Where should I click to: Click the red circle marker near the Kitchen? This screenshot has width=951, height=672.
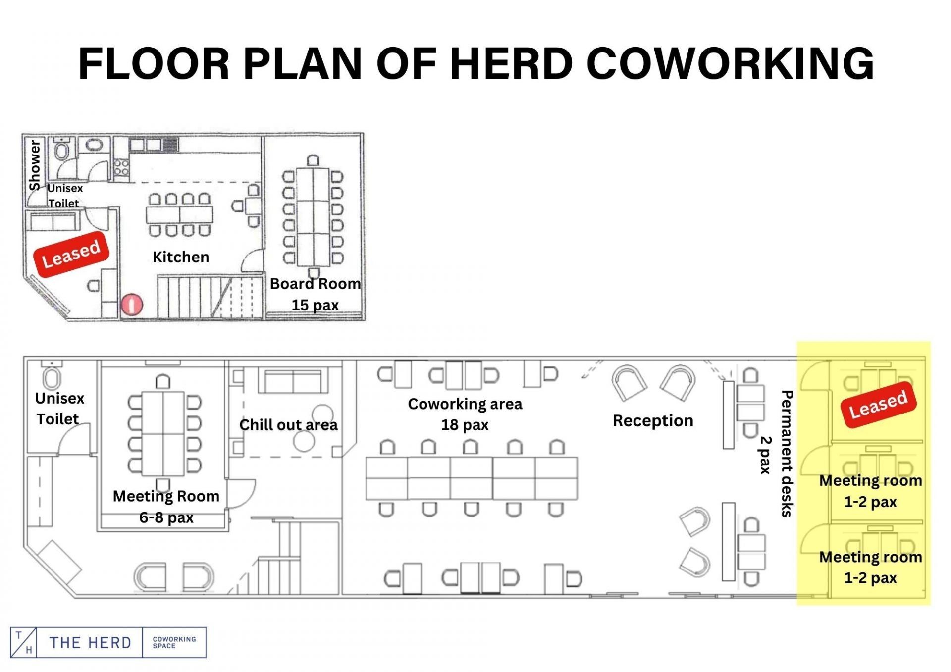tap(132, 305)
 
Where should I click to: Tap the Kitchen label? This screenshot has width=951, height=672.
tap(181, 257)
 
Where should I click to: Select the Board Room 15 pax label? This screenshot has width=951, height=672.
tap(315, 294)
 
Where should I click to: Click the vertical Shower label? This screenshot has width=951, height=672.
tap(34, 164)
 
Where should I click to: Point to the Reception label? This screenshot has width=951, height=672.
tap(653, 420)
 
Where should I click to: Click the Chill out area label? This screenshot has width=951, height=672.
tap(288, 425)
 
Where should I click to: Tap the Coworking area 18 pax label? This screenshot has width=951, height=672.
tap(465, 414)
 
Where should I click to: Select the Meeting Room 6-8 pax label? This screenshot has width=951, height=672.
tap(166, 507)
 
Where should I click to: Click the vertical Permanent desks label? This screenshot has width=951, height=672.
tap(787, 454)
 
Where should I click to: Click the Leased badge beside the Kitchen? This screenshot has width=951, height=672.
tap(71, 254)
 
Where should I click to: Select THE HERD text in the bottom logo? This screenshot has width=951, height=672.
tap(90, 643)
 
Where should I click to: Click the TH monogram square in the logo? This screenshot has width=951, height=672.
tap(23, 642)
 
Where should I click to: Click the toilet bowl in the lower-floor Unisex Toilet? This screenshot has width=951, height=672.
tap(52, 377)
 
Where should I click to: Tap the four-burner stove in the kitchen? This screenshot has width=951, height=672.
tap(122, 167)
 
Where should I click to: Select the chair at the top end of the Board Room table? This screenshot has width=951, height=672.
tap(313, 160)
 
